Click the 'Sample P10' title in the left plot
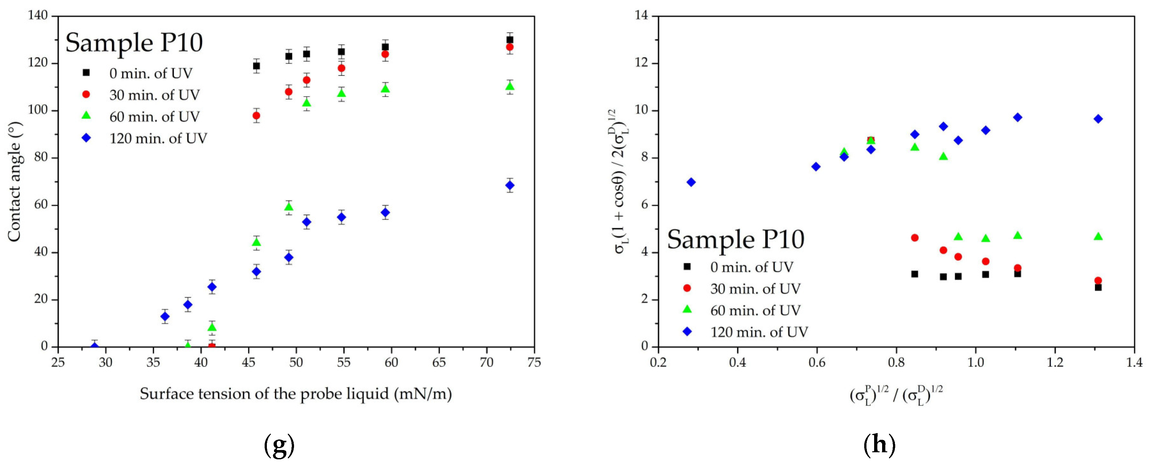pos(134,43)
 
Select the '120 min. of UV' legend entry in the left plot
pos(158,138)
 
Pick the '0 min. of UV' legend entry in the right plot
pos(752,267)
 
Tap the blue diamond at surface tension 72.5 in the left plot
pos(510,185)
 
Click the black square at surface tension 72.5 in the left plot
pos(510,40)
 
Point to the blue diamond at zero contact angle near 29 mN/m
pos(95,346)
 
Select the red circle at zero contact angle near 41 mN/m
pos(212,346)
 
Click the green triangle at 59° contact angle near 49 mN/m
pos(289,207)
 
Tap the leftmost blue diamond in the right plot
pos(691,182)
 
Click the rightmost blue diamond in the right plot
pos(1098,119)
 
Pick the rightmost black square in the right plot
pos(1098,287)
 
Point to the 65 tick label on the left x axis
pos(439,362)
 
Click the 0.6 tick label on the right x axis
pos(817,362)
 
